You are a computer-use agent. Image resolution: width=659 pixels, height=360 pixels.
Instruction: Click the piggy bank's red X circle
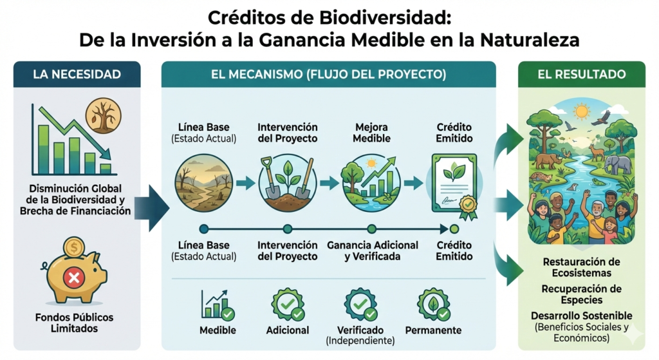pos(74,278)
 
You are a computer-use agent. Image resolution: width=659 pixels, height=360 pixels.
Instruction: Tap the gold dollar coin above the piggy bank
pos(74,247)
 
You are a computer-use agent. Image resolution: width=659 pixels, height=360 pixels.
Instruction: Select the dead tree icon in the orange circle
pos(104,116)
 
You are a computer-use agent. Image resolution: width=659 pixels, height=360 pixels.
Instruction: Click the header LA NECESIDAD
pos(77,75)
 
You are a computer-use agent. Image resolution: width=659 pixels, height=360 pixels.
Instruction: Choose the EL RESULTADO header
pos(582,75)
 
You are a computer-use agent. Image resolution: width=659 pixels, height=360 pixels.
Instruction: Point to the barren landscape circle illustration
pos(204,183)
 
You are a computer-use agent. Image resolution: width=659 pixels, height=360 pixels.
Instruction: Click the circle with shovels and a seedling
pos(288,183)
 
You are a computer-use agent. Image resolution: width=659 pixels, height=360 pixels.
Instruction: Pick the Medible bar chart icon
pos(218,305)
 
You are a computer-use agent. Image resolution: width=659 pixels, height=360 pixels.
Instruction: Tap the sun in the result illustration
pos(582,112)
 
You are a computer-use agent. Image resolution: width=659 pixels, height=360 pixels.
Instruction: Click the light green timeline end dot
pos(454,229)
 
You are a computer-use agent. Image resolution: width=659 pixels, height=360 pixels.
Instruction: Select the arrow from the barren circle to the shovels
pos(245,183)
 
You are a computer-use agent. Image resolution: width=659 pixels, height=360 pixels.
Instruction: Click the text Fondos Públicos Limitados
pos(75,323)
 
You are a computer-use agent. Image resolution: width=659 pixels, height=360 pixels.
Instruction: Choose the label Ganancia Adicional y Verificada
pos(373,251)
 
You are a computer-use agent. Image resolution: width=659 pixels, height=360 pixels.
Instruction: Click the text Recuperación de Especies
pos(582,294)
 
